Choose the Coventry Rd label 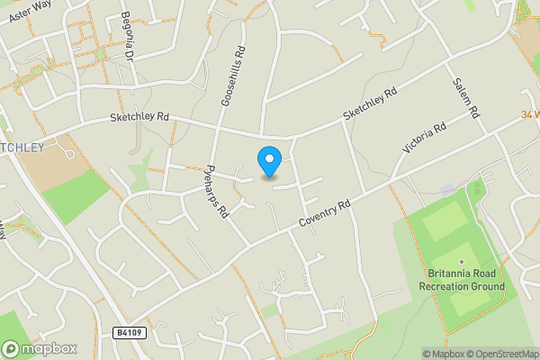pos(325,213)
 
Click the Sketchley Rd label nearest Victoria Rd pos(368,106)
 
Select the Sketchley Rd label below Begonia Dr pos(139,117)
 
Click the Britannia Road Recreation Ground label pos(462,280)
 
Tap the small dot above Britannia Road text pos(462,262)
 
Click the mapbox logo pos(40,347)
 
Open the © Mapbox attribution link pos(442,354)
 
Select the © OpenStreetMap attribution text pos(501,354)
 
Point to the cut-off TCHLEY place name pos(22,147)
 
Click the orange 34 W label pos(529,115)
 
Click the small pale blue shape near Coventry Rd pos(447,190)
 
